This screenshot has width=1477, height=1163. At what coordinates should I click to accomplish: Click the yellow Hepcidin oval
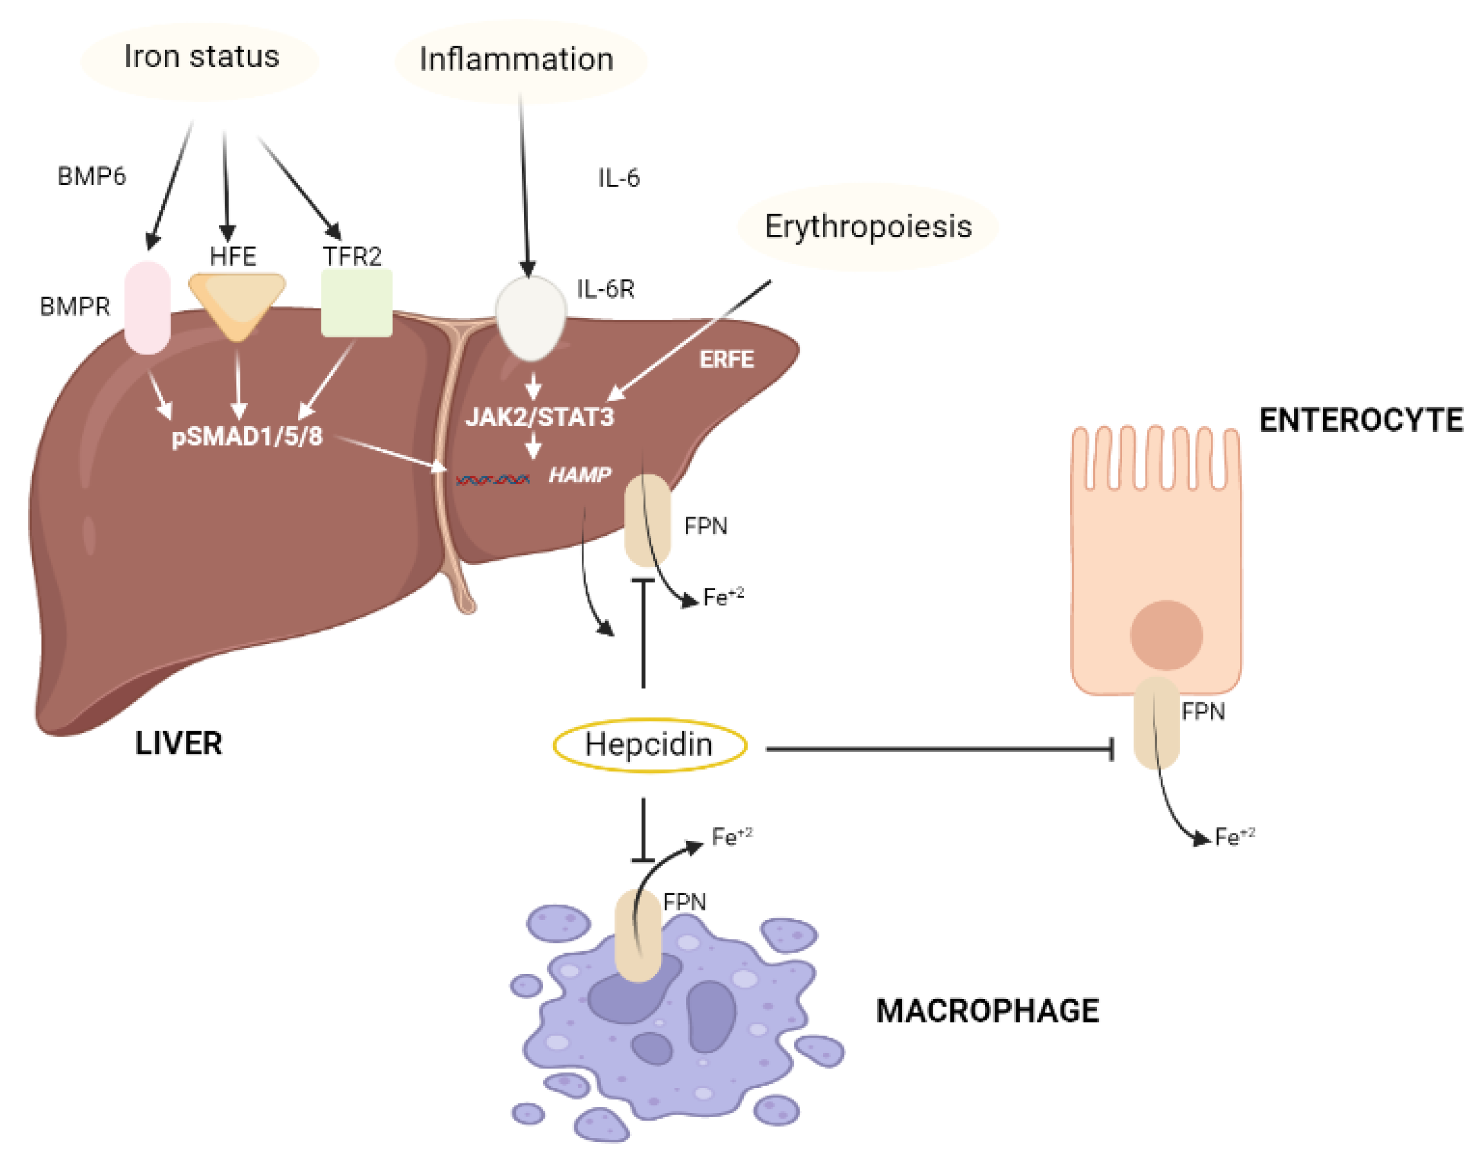(649, 745)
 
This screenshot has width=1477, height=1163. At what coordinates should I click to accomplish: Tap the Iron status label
(201, 57)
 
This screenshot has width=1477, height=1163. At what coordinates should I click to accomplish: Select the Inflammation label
(516, 60)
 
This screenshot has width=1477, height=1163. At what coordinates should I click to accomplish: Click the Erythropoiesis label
(867, 227)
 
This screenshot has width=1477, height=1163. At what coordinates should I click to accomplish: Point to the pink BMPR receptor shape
(147, 308)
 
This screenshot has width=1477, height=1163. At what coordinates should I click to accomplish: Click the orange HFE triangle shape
(236, 300)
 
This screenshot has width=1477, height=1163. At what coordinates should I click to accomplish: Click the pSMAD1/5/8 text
(246, 436)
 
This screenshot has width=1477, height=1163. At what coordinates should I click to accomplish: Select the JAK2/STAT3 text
(539, 416)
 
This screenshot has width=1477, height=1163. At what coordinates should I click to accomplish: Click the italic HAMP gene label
(579, 475)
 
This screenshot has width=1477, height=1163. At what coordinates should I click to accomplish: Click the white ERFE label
(726, 360)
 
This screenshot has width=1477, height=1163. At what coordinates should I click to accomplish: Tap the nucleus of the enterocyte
(1165, 634)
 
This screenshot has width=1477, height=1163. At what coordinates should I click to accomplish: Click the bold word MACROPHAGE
(986, 1011)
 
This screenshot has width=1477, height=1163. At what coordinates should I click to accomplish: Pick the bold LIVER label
(179, 743)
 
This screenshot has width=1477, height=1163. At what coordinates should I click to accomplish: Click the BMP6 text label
(91, 176)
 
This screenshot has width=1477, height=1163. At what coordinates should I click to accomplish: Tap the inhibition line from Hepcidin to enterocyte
(940, 749)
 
